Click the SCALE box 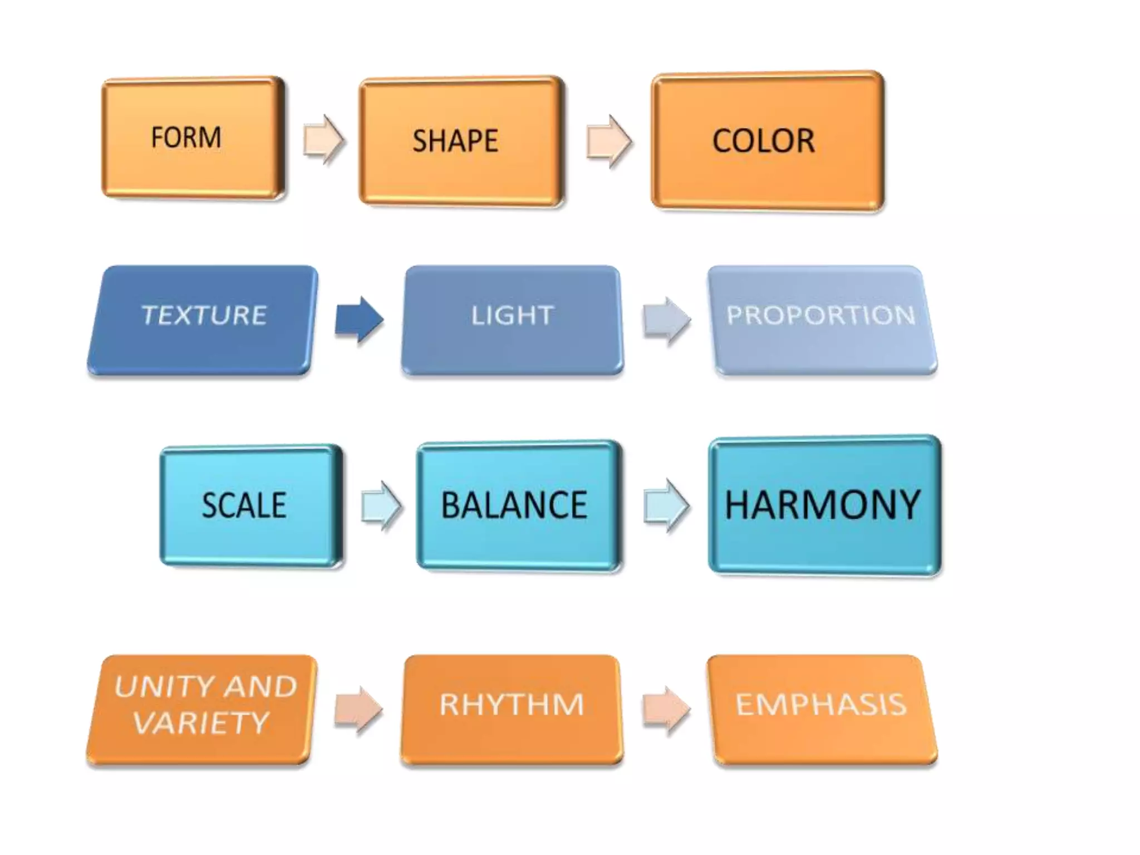(x=250, y=505)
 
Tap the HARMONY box (x=824, y=505)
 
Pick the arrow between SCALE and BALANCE (x=381, y=506)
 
